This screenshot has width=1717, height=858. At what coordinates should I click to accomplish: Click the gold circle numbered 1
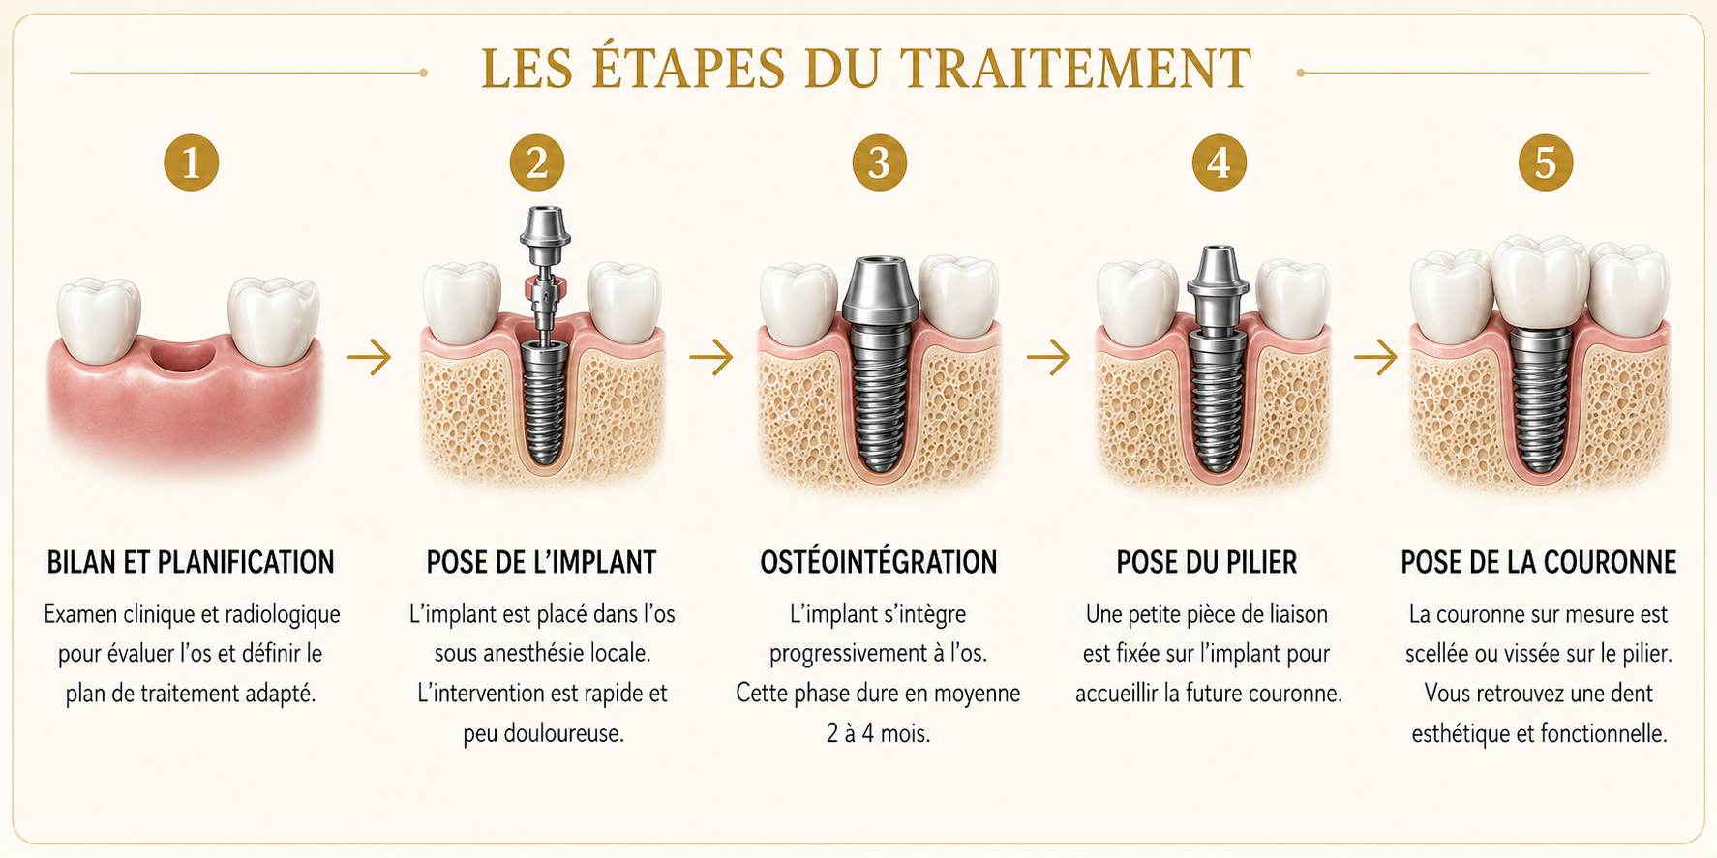192,163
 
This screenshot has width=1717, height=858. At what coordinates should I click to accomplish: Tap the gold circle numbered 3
879,163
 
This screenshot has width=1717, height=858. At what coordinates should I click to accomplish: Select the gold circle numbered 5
1546,163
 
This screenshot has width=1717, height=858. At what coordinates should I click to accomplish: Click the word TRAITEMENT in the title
1075,69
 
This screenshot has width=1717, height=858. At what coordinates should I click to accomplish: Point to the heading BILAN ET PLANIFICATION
191,562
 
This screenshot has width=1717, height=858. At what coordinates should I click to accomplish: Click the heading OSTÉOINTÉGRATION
878,561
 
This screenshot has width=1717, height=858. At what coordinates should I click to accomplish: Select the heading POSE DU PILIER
1207,562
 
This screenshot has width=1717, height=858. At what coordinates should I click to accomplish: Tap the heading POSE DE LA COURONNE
1539,562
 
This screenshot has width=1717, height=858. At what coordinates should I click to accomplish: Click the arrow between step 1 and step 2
370,357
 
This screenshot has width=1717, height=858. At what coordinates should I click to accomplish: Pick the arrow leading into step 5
1375,357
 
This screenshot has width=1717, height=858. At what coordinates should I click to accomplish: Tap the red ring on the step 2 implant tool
544,288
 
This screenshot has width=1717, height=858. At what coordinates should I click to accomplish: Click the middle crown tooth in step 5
1540,281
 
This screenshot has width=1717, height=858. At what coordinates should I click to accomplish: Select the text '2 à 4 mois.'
878,733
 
